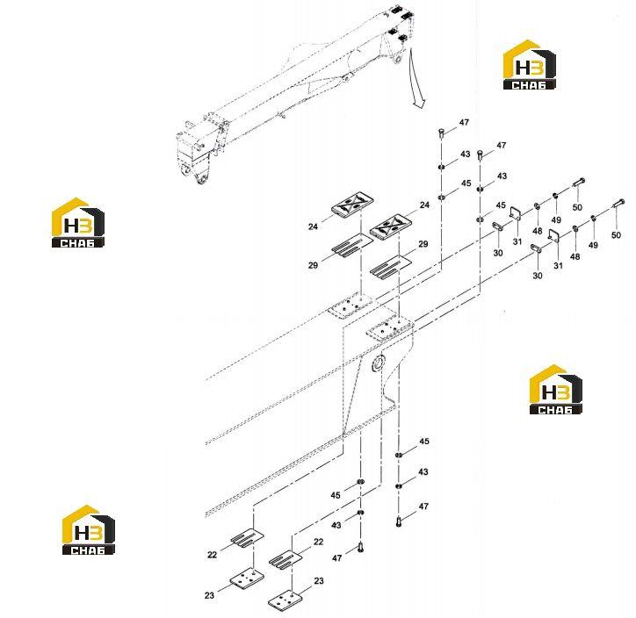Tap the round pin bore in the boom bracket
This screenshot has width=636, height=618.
tap(379, 362)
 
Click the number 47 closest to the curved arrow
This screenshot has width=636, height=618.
tap(464, 122)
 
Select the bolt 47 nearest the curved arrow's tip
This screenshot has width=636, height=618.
tap(442, 133)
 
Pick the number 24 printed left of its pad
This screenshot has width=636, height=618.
tap(313, 226)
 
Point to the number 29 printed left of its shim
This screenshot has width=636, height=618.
tap(313, 265)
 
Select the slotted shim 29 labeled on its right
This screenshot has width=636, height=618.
tap(390, 267)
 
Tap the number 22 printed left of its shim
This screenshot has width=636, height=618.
tap(212, 555)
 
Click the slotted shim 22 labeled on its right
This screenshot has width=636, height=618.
tap(285, 560)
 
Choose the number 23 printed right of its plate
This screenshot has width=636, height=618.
tap(319, 581)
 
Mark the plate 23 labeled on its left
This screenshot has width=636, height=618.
tap(247, 578)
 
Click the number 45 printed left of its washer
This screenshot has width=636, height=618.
tap(336, 495)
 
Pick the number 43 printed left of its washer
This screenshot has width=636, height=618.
tap(336, 525)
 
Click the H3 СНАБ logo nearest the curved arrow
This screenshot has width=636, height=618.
tap(530, 64)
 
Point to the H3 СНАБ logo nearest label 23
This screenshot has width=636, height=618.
tap(89, 529)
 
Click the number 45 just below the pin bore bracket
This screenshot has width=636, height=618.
tap(424, 441)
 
